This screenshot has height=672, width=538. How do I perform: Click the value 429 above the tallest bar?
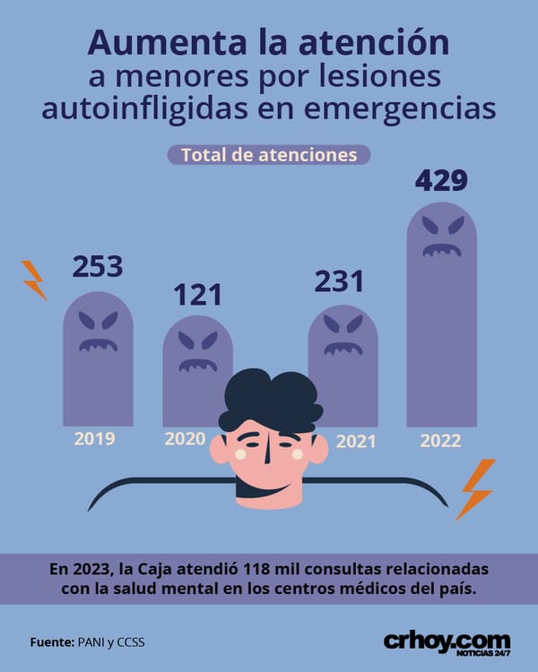click(441, 180)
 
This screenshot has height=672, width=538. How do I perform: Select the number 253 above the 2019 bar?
click(98, 267)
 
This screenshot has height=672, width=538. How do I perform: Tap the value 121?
click(198, 295)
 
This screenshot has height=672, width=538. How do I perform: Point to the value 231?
click(339, 281)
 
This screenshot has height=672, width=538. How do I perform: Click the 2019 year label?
click(94, 438)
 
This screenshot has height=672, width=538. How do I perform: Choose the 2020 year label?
click(185, 438)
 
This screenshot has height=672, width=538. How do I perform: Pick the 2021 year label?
click(356, 442)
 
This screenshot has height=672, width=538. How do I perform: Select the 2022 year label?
click(440, 441)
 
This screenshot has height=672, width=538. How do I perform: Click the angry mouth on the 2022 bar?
click(442, 250)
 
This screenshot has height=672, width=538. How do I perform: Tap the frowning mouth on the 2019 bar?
click(99, 345)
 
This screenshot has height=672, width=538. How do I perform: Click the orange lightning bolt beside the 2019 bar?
click(34, 280)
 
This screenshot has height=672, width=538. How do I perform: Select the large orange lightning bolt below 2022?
click(475, 489)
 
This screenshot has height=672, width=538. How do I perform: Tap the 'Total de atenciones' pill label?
click(269, 155)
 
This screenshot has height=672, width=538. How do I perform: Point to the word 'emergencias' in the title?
click(400, 109)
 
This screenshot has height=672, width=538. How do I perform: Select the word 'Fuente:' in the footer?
click(52, 642)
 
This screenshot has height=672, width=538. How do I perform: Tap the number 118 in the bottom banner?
click(256, 569)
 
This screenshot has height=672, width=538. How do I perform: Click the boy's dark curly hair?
click(270, 400)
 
